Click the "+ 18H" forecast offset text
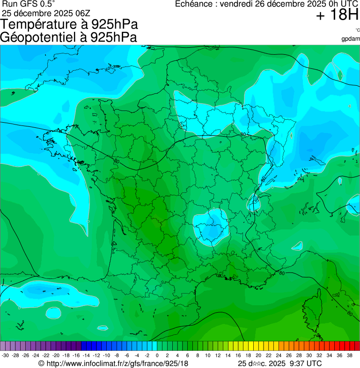pyautogui.click(x=337, y=15)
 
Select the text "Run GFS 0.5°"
pyautogui.click(x=29, y=4)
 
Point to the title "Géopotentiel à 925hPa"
pyautogui.click(x=68, y=37)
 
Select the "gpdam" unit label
pyautogui.click(x=351, y=38)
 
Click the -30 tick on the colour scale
pyautogui.click(x=5, y=355)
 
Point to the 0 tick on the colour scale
pyautogui.click(x=157, y=355)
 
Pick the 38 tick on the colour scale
pyautogui.click(x=349, y=355)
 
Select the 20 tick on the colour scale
pyautogui.click(x=258, y=355)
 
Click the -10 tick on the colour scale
pyautogui.click(x=106, y=355)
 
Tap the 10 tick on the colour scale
pyautogui.click(x=207, y=355)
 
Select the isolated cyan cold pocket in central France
pyautogui.click(x=210, y=227)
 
